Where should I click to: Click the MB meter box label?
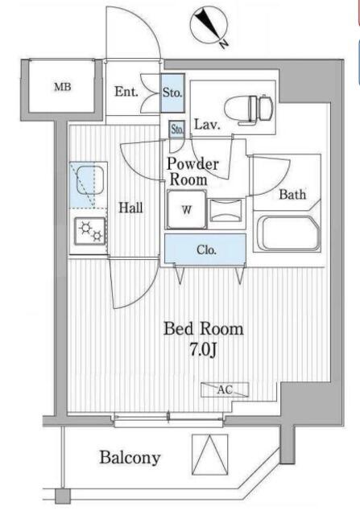pos(63,87)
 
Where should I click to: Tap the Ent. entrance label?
pos(126,92)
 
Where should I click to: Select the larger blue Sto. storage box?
pos(172,93)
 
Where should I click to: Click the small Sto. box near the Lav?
pos(177,129)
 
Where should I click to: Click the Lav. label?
pos(207,125)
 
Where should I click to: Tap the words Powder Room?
pos(192,171)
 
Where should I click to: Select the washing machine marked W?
pos(187,209)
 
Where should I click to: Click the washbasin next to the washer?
pos(226,211)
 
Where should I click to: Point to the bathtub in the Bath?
pos(287,233)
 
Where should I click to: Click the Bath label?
pos(292,195)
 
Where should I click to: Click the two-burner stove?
pos(90,231)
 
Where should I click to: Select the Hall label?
pos(130,208)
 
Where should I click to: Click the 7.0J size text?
pos(203,350)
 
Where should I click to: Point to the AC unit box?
pos(225,389)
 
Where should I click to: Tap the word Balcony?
pos(130,457)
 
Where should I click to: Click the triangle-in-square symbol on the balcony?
pos(210,455)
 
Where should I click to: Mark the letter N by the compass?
pos(224,43)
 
